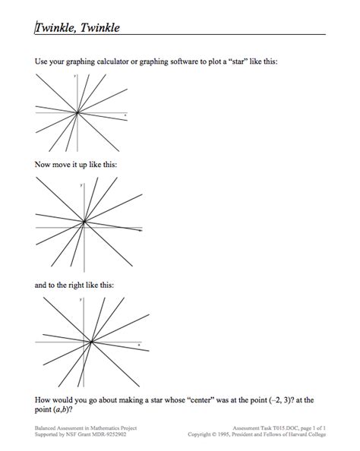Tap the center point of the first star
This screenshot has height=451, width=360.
(x=77, y=113)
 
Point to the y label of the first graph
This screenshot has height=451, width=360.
(x=74, y=77)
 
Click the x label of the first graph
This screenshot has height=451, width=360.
(x=125, y=115)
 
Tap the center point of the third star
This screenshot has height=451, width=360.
(x=91, y=342)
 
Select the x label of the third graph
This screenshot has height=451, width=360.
(x=140, y=344)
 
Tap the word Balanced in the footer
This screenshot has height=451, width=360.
(x=49, y=429)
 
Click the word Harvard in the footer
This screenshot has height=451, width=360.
(x=298, y=435)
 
